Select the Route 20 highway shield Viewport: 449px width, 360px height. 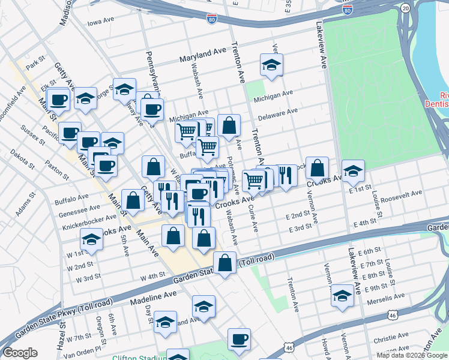pyautogui.click(x=406, y=8)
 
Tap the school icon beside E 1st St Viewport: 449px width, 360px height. pyautogui.click(x=353, y=171)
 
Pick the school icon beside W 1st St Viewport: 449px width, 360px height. pyautogui.click(x=91, y=239)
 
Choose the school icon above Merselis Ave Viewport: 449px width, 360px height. pyautogui.click(x=342, y=295)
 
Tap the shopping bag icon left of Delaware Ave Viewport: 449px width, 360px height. pyautogui.click(x=229, y=126)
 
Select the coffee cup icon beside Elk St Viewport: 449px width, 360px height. pyautogui.click(x=59, y=99)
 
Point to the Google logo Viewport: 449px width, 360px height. pyautogui.click(x=19, y=353)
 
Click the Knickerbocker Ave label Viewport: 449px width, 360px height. pyautogui.click(x=86, y=219)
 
